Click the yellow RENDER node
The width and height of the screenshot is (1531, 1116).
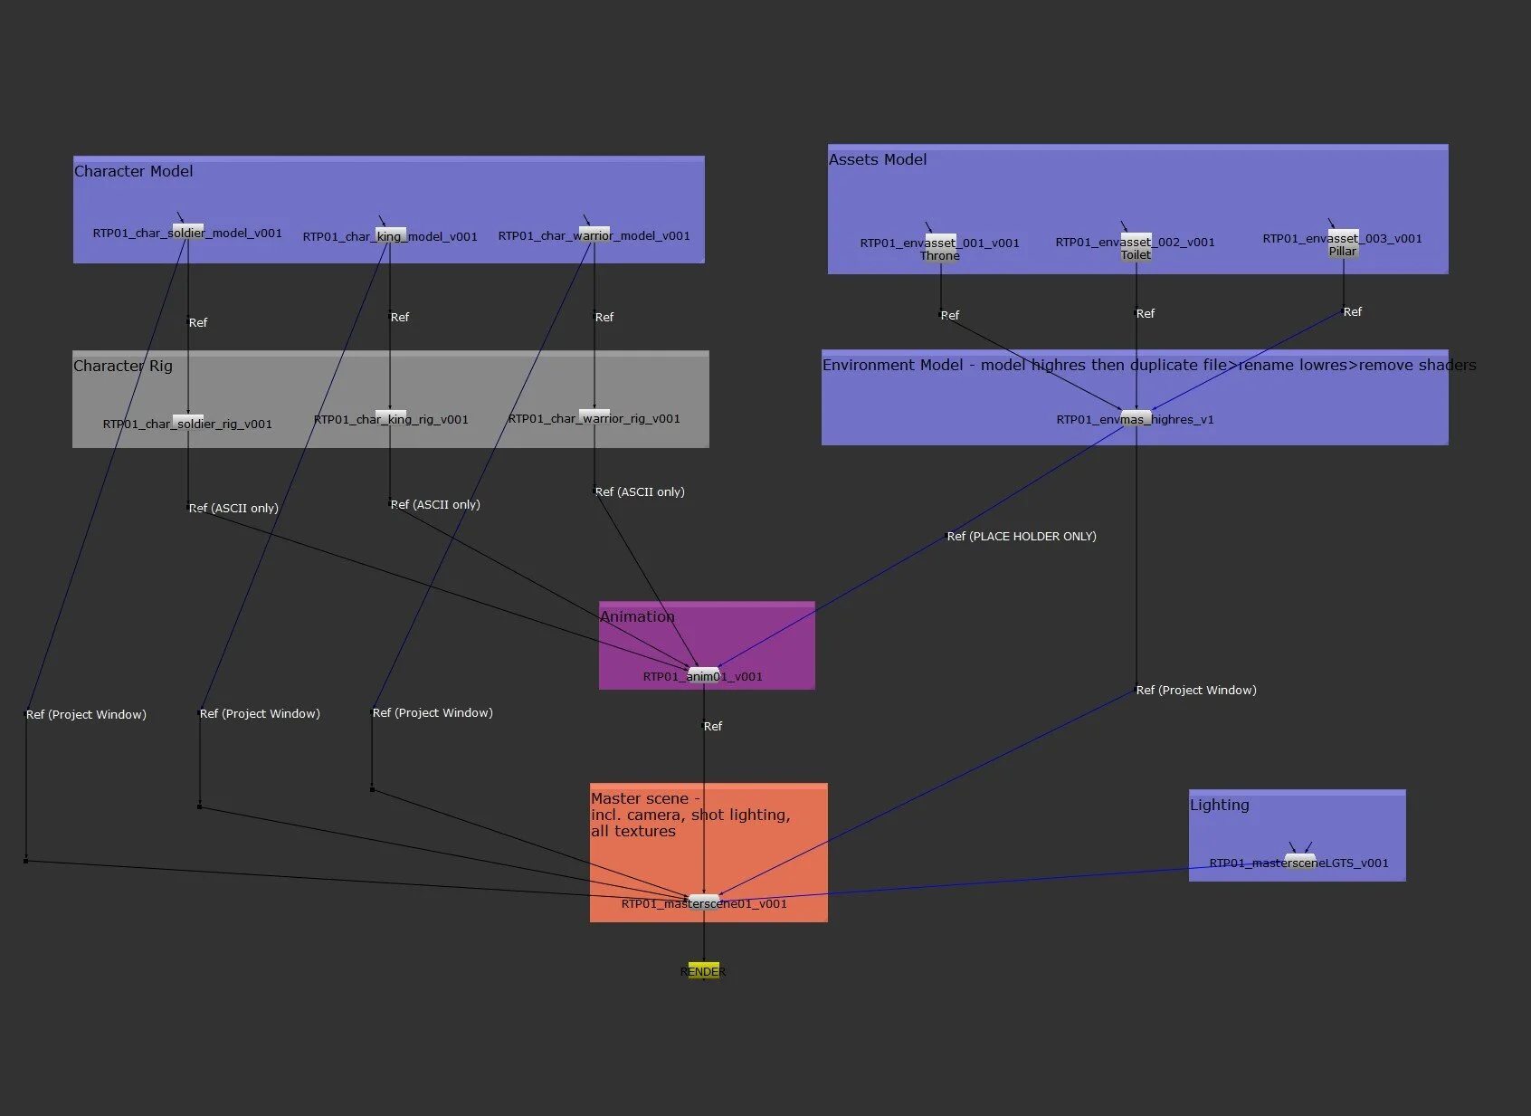(x=703, y=970)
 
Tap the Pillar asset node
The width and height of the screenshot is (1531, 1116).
(x=1343, y=243)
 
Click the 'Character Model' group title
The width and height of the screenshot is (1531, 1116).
(x=133, y=171)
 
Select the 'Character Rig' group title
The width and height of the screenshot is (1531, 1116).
(x=122, y=366)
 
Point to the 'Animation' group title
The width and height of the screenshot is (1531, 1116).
(x=637, y=616)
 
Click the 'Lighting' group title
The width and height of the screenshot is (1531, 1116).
(x=1219, y=805)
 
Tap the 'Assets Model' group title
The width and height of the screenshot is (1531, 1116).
(x=878, y=159)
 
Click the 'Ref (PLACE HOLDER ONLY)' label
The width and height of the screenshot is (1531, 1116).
(x=1022, y=536)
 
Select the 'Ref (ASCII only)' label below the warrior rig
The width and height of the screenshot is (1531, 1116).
(x=640, y=491)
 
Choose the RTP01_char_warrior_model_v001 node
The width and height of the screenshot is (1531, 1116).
(x=594, y=235)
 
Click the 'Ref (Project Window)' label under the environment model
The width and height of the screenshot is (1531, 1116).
(x=1196, y=690)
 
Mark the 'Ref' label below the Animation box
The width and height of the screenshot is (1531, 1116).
(x=713, y=726)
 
